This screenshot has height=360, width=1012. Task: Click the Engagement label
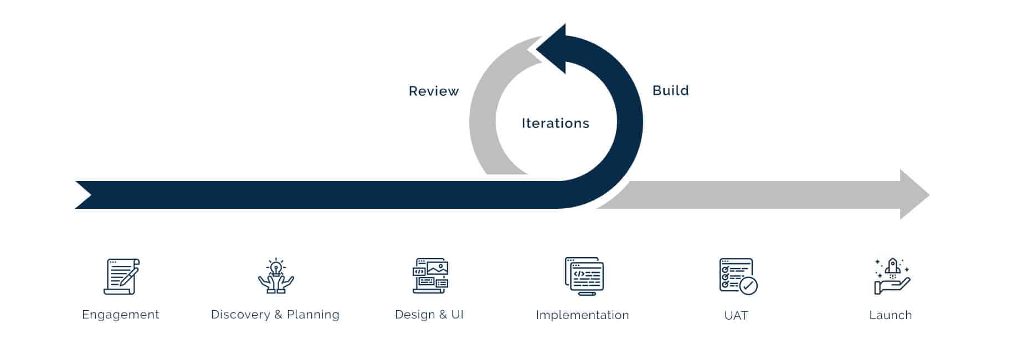click(121, 315)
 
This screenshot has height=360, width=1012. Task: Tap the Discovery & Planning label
click(275, 315)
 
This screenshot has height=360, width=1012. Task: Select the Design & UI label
click(429, 315)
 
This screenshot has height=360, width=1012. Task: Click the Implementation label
click(582, 315)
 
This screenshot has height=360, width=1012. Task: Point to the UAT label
click(736, 315)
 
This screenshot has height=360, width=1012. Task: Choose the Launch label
click(890, 315)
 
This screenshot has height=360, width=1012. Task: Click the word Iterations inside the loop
click(555, 123)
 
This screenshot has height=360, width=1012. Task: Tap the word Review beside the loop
click(434, 91)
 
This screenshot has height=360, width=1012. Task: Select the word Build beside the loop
click(670, 90)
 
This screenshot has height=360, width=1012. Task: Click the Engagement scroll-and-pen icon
click(121, 276)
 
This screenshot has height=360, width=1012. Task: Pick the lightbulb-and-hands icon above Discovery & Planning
click(275, 276)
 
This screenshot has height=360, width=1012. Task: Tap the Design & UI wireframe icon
click(430, 276)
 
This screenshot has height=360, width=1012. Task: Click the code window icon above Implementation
click(584, 276)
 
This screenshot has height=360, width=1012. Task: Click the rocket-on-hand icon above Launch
click(891, 276)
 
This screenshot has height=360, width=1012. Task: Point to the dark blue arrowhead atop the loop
click(554, 49)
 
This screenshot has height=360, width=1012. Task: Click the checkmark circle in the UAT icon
click(748, 286)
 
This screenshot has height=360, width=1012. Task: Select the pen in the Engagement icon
click(129, 275)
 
